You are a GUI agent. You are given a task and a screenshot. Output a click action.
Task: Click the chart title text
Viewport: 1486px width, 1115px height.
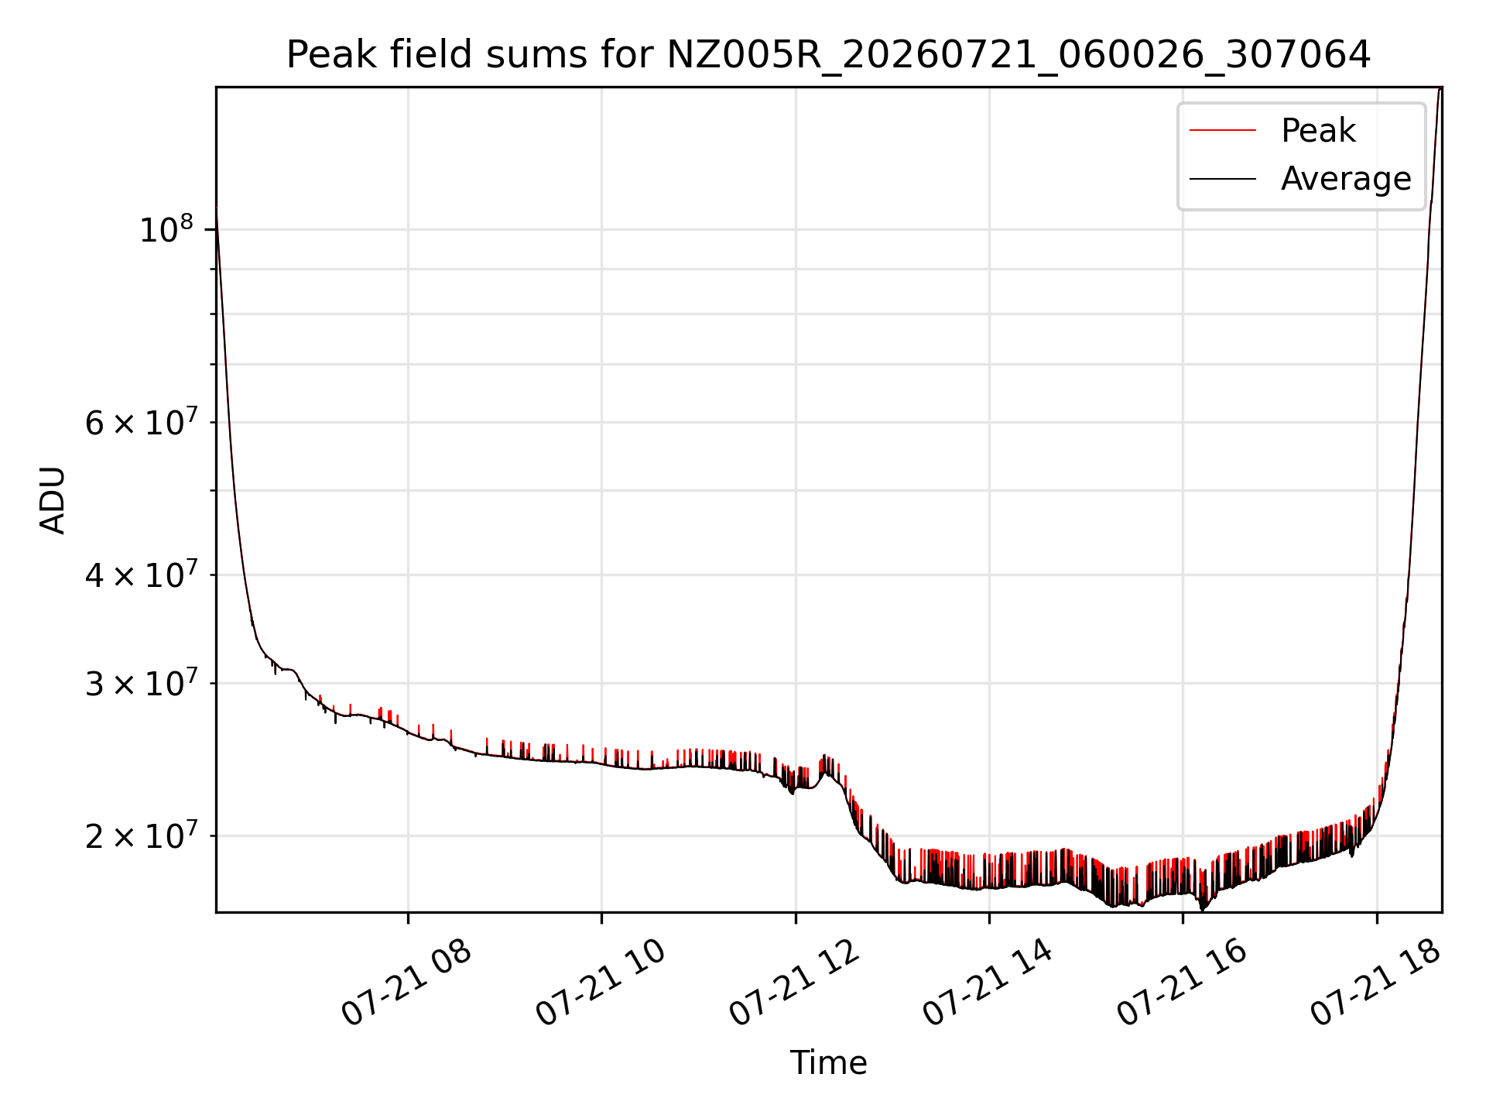[x=828, y=55]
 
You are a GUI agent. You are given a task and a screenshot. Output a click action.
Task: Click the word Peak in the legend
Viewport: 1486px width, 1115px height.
[x=1318, y=131]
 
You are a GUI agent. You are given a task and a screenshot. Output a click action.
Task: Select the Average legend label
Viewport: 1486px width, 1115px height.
[x=1346, y=179]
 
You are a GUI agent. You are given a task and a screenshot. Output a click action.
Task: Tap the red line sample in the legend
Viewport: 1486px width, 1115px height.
[x=1223, y=131]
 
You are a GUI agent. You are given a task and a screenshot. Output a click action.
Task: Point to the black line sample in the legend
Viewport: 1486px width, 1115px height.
[x=1223, y=179]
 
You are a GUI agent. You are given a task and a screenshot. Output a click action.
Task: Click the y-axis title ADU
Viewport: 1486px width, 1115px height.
[x=53, y=500]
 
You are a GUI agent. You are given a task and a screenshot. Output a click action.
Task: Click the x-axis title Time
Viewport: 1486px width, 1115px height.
[x=828, y=1062]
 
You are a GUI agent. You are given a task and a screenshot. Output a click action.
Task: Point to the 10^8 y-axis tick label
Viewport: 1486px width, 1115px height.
[x=166, y=230]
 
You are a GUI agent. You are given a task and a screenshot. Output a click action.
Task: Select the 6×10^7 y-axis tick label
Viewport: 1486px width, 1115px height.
[x=140, y=423]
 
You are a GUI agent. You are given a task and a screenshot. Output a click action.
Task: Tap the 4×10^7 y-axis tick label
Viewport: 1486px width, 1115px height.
[x=140, y=575]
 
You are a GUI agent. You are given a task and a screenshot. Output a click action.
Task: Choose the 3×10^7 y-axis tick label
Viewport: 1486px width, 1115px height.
[x=140, y=684]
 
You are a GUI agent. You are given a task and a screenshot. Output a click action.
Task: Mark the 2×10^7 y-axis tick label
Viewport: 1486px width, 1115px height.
[x=140, y=836]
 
